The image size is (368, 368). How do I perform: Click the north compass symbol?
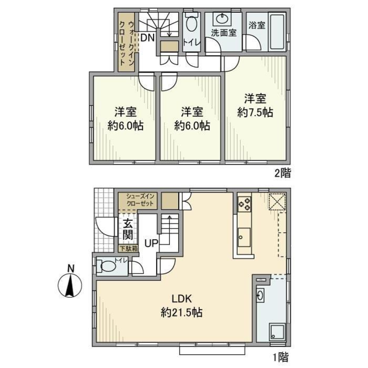[x=70, y=285]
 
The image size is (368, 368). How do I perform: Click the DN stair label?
[x=147, y=38]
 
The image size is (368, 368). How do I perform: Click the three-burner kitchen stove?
[x=245, y=204]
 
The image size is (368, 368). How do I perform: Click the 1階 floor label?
[x=280, y=357]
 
